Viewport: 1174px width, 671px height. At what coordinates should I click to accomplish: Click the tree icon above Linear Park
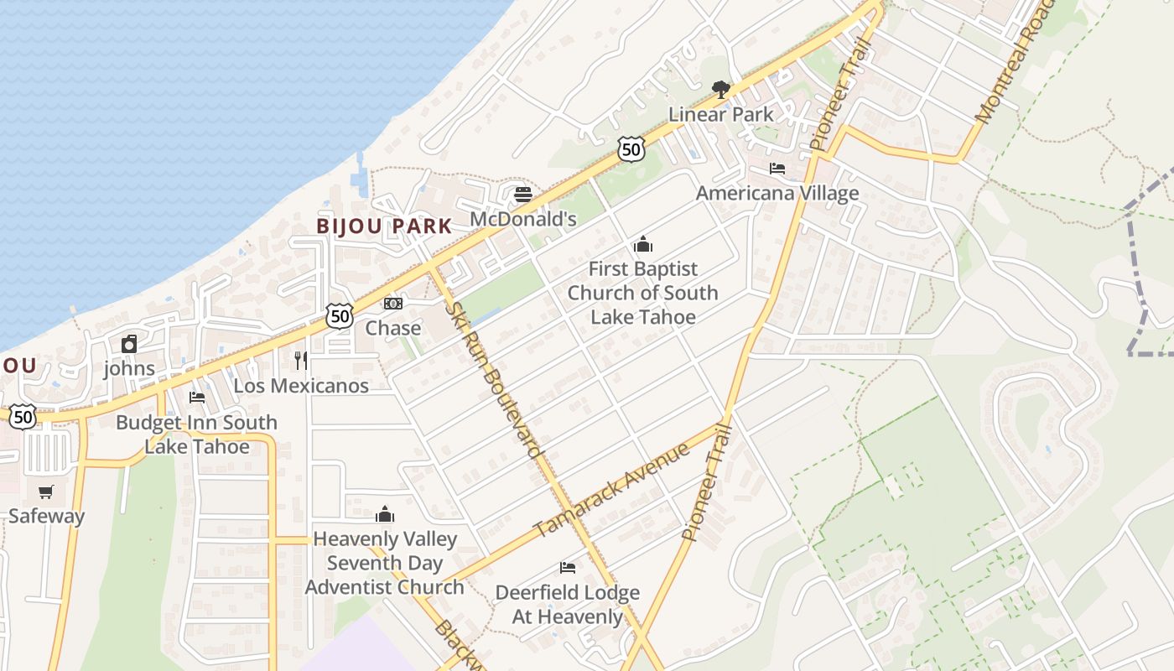click(x=720, y=89)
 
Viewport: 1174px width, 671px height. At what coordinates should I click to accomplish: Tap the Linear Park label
click(x=720, y=114)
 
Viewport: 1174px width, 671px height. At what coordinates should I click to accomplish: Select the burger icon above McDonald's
click(x=523, y=195)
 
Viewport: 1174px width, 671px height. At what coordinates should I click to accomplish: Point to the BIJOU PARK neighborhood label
click(x=384, y=226)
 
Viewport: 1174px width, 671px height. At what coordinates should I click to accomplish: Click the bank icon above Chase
click(x=392, y=304)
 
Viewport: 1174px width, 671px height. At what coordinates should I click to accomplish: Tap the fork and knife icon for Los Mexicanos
click(x=301, y=361)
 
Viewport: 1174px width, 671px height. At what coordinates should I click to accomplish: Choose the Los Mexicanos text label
click(x=301, y=386)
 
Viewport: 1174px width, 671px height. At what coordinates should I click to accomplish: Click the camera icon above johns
click(x=129, y=344)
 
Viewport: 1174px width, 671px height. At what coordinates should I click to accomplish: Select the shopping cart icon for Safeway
click(x=46, y=492)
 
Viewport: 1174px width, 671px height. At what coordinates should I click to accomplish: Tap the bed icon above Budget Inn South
click(x=197, y=398)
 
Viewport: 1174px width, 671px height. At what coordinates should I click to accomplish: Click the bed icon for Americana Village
click(x=777, y=169)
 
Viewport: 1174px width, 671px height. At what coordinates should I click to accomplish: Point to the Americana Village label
click(x=777, y=193)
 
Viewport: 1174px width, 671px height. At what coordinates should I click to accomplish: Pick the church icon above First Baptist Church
click(x=643, y=245)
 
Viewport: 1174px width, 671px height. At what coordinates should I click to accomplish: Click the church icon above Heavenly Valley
click(x=385, y=514)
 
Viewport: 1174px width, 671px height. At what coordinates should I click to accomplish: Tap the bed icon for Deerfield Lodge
click(x=568, y=568)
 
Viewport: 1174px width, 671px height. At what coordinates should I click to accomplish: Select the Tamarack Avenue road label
click(x=612, y=489)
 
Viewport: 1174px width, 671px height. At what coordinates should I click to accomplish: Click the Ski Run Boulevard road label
click(x=493, y=380)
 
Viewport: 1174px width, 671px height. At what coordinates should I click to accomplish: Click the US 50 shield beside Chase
click(x=340, y=316)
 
